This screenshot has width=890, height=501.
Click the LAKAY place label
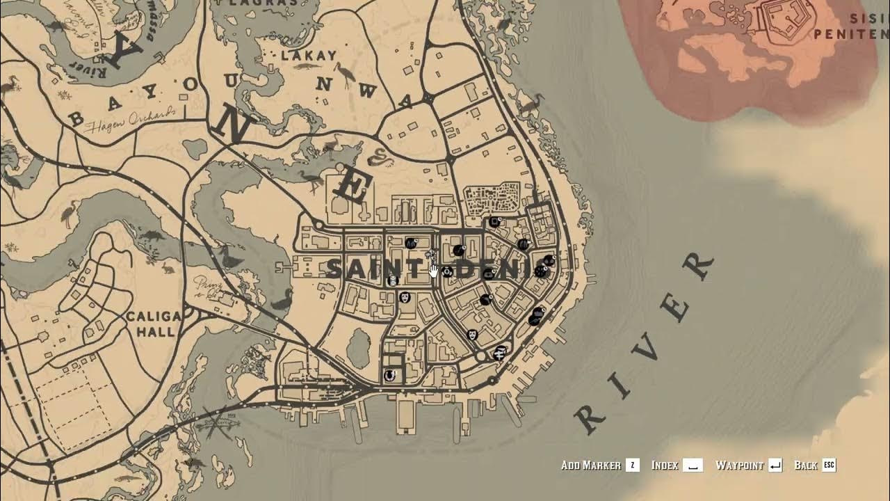[308, 55]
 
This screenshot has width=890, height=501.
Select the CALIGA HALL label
[154, 324]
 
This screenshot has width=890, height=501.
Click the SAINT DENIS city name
[438, 269]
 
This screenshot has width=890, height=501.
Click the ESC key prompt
[829, 465]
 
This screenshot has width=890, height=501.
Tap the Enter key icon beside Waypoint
[775, 466]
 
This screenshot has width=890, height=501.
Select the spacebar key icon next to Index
[693, 466]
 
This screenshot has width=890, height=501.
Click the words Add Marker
[590, 466]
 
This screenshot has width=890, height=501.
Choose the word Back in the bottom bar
[806, 466]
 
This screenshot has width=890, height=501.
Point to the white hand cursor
[434, 270]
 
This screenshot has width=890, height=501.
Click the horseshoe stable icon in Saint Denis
[390, 375]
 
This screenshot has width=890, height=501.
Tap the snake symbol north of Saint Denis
[379, 158]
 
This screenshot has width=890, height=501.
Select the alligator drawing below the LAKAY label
[306, 67]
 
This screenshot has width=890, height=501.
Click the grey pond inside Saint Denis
[357, 347]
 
